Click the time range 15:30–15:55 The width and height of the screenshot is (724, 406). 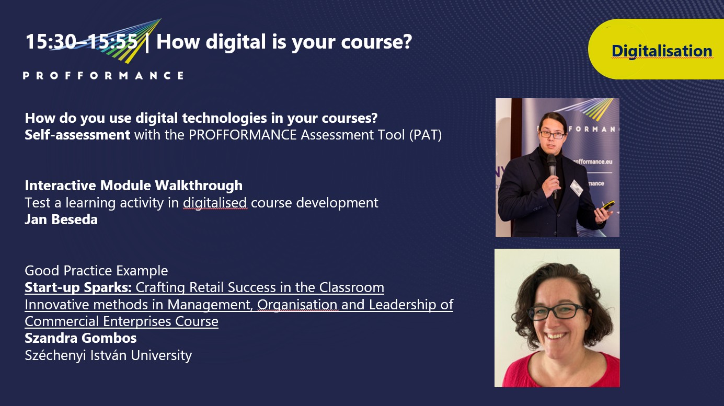coord(82,42)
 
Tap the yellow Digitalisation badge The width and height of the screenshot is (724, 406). coord(656,49)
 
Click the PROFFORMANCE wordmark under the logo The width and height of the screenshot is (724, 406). coord(104,76)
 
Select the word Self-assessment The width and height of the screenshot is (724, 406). coord(77,135)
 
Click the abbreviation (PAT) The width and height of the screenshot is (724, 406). coord(426,135)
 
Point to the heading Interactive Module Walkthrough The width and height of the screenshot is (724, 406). coord(133,185)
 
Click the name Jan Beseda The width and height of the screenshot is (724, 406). coord(61,219)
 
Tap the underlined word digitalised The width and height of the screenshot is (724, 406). coord(215,203)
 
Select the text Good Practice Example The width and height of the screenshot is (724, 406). coord(96,271)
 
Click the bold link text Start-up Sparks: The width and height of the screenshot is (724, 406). coord(78,287)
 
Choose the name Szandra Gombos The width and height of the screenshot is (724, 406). coord(81,338)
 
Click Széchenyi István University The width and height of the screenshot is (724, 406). coord(108,355)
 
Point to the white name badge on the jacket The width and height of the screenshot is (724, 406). coord(576,188)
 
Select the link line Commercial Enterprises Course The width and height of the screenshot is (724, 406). coord(121,321)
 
